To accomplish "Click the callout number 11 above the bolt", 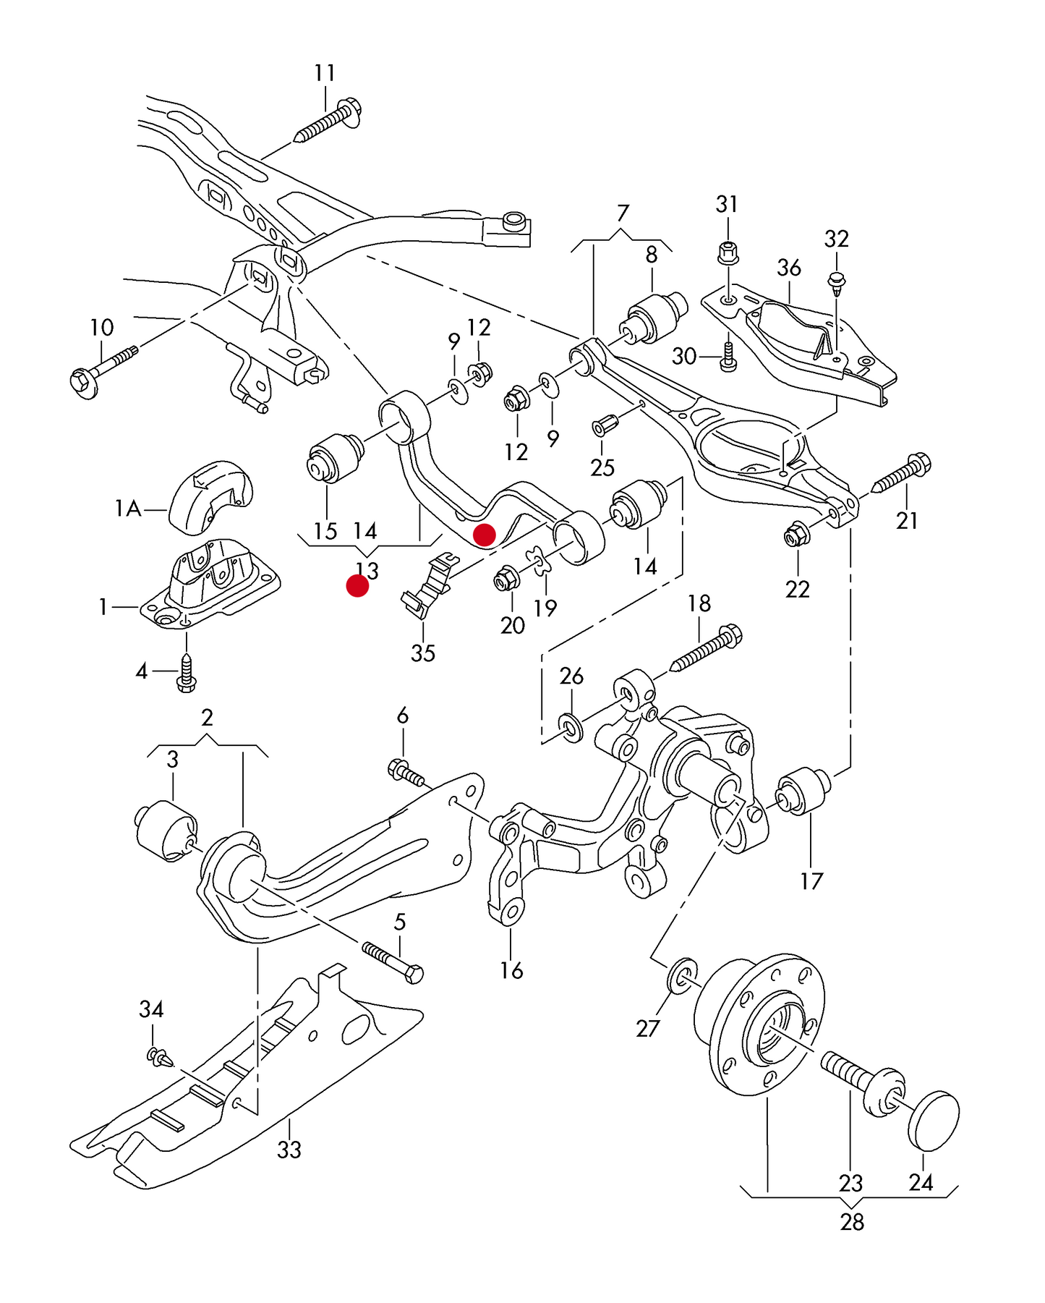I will pyautogui.click(x=325, y=73).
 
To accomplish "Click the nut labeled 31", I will pyautogui.click(x=728, y=253).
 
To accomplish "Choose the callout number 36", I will pyautogui.click(x=788, y=268).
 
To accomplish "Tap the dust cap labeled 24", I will pyautogui.click(x=934, y=1120).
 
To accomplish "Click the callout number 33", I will pyautogui.click(x=289, y=1149).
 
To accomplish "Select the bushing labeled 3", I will pyautogui.click(x=166, y=830).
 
